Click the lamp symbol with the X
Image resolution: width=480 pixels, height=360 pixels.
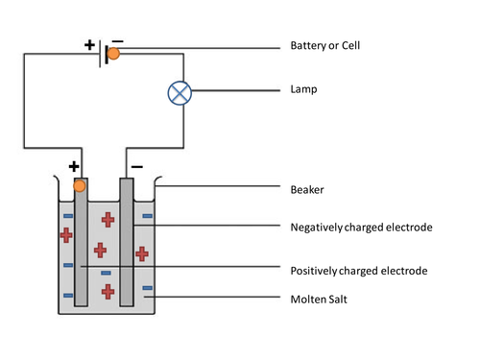coord(180,93)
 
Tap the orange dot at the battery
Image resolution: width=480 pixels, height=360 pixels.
coord(113,54)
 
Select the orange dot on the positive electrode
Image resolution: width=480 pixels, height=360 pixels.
coord(80,186)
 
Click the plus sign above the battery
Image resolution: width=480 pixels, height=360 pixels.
coord(89,45)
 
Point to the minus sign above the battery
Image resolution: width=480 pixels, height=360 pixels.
coord(118,41)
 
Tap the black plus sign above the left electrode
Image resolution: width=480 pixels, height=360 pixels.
coord(74,166)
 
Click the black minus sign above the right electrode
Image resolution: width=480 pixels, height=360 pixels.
coord(137,167)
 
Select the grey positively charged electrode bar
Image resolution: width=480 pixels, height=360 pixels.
coord(81,242)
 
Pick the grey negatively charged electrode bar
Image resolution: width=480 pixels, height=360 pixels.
coord(127,242)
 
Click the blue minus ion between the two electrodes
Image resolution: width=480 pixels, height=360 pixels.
coord(106,273)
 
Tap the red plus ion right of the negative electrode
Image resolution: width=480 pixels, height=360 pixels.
coord(142,254)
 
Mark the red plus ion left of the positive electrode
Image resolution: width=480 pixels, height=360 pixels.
coord(66,235)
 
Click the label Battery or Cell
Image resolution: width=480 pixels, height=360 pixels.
coord(325,45)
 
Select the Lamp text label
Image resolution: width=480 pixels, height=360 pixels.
coord(303,89)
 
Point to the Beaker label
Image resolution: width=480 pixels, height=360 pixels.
coord(307,190)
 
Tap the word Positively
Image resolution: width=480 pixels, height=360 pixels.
coord(314,271)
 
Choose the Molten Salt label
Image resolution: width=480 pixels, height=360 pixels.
coord(319,300)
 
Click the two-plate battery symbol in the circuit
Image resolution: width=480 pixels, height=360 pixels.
coord(103,54)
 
